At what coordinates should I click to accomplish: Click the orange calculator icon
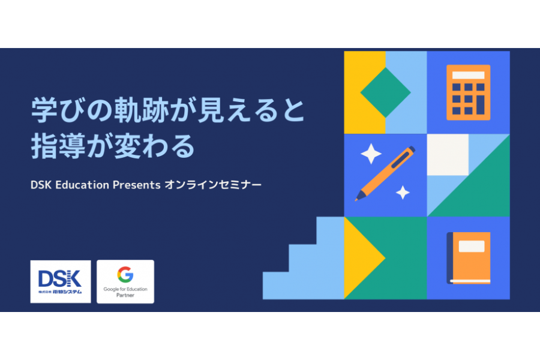468,92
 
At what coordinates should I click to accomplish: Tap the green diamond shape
385,92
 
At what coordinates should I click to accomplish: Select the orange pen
385,173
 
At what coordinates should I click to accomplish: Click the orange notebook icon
469,258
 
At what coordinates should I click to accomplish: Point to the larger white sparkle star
371,154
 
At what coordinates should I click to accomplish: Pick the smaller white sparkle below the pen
403,192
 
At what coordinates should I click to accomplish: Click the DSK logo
60,282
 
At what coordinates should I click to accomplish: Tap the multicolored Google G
125,275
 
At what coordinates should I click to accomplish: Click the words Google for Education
125,289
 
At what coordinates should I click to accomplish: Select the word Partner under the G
125,295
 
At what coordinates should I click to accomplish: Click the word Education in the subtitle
82,185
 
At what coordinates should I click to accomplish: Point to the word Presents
136,185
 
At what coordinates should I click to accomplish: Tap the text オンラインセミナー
213,185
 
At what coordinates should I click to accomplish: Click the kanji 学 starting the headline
44,110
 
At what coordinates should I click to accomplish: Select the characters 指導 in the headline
58,146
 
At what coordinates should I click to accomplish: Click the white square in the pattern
448,155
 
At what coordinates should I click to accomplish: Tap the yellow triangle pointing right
364,258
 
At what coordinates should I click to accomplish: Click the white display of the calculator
469,75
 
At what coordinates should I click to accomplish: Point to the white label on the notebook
472,246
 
